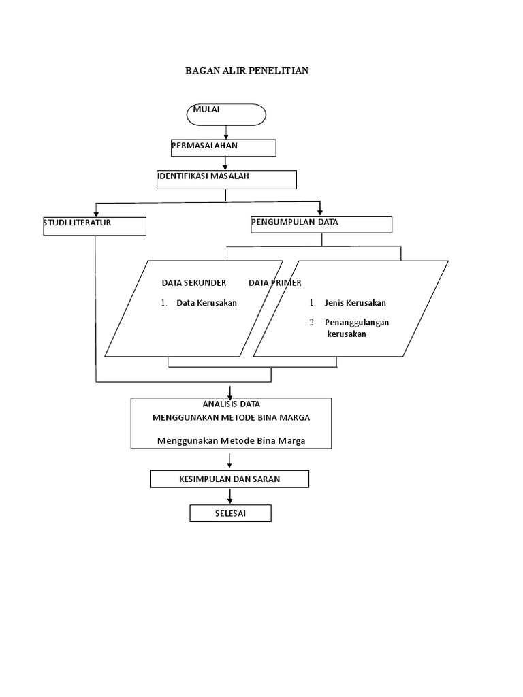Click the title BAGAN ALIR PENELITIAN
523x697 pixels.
[x=247, y=71]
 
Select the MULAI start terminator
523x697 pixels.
[x=226, y=114]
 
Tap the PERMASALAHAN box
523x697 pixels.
[x=223, y=148]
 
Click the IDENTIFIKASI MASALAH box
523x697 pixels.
[x=226, y=179]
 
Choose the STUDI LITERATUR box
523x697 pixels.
[x=95, y=226]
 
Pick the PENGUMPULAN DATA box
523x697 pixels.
[x=321, y=225]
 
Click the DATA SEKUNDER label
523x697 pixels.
[x=193, y=282]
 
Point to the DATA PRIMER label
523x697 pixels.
[x=275, y=282]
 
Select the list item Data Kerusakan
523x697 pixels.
[x=206, y=303]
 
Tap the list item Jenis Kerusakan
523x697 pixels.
[x=355, y=303]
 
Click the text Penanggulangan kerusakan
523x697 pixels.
[x=356, y=328]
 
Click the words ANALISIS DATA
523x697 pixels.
[x=231, y=404]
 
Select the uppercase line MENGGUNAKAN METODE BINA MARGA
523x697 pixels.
[x=231, y=417]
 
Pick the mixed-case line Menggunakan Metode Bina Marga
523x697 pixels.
[x=231, y=440]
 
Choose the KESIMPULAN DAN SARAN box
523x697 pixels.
[x=229, y=479]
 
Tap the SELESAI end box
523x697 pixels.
[x=230, y=513]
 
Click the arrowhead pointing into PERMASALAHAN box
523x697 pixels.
[x=226, y=136]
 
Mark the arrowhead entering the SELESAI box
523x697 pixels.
[x=230, y=501]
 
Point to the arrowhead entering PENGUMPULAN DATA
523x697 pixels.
[x=320, y=212]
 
